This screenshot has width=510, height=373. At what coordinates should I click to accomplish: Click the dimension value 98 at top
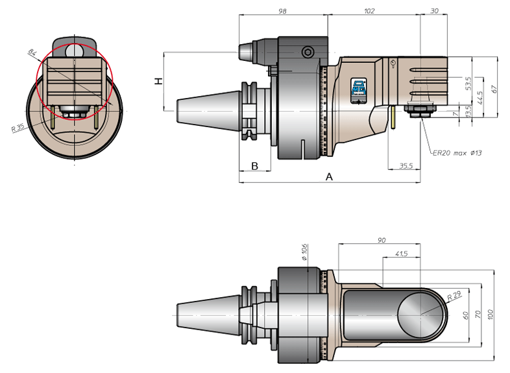(x=282, y=11)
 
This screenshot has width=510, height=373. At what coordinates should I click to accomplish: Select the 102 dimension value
(x=369, y=11)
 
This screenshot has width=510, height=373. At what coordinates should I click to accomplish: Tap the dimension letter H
(x=158, y=81)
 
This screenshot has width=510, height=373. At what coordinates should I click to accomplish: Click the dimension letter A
(x=329, y=177)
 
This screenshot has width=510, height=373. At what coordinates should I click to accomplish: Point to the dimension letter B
(x=254, y=166)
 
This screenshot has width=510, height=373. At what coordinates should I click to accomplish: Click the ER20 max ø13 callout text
(x=457, y=153)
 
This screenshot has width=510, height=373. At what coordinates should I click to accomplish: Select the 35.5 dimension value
(x=406, y=166)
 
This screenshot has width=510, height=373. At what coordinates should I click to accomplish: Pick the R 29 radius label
(x=454, y=296)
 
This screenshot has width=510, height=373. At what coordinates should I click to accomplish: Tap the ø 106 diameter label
(x=304, y=252)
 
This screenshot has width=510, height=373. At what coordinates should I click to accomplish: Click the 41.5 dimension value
(x=402, y=254)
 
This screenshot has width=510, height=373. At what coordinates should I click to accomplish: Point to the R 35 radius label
(x=18, y=128)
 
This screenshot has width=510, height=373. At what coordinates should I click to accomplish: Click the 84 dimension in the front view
(x=32, y=52)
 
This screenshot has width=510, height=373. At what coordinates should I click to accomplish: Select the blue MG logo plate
(x=358, y=91)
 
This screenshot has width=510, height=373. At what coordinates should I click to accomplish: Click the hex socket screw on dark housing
(x=308, y=52)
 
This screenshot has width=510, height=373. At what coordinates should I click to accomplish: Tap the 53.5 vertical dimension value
(x=468, y=84)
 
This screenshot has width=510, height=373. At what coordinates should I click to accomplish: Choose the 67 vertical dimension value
(x=494, y=89)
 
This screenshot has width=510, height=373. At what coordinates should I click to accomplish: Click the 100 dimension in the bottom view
(x=490, y=315)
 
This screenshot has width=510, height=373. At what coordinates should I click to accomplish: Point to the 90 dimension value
(x=382, y=240)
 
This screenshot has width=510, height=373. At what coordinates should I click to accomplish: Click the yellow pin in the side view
(x=393, y=117)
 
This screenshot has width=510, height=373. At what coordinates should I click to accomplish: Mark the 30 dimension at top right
(x=434, y=11)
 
